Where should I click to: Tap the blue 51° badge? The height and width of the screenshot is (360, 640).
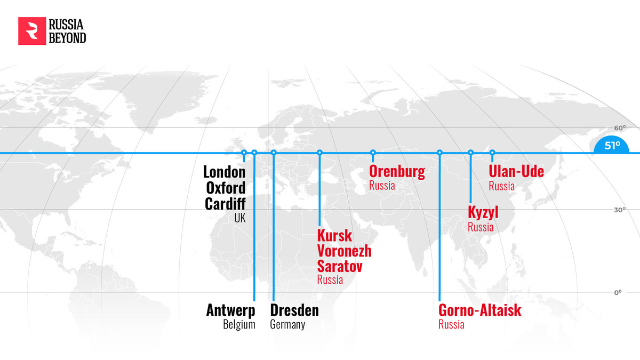click(612, 145)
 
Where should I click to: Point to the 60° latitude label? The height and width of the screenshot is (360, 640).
click(619, 128)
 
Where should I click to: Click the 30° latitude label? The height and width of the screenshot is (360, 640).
click(619, 210)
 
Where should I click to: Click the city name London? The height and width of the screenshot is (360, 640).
click(225, 172)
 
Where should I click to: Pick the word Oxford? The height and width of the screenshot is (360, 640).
click(226, 188)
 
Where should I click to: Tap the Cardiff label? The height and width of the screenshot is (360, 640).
click(226, 204)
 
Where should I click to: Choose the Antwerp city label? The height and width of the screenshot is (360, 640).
click(231, 310)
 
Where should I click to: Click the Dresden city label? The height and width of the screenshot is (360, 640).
click(294, 310)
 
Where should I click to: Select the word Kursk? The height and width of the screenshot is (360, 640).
click(335, 235)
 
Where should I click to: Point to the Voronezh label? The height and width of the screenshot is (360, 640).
click(344, 251)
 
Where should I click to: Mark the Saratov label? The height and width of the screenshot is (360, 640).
click(340, 266)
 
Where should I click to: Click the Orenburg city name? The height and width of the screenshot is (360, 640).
click(397, 172)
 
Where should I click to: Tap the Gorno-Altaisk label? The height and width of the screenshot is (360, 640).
click(479, 310)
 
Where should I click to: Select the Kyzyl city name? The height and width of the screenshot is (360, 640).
click(483, 212)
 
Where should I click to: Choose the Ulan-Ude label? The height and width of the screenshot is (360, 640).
click(516, 172)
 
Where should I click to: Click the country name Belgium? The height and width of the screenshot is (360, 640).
click(239, 324)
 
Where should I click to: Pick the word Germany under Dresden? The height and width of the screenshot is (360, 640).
click(287, 324)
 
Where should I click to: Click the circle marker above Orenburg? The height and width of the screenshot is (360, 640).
click(373, 153)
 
